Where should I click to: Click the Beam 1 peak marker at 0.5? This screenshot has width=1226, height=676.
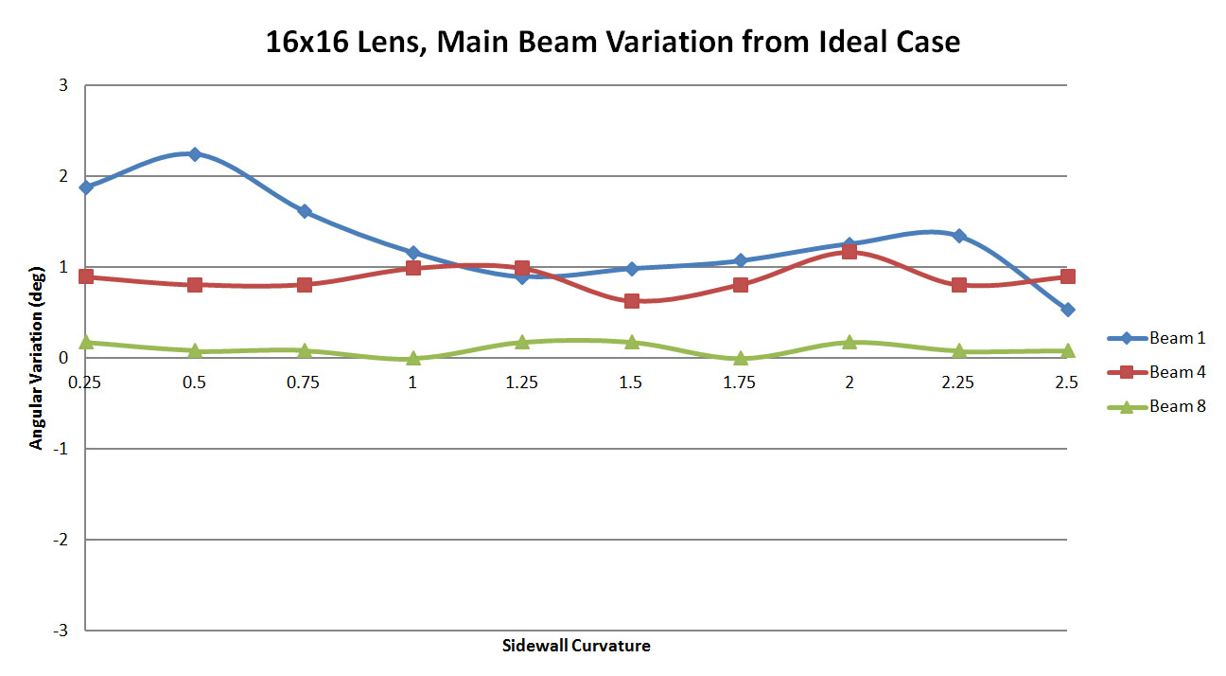pos(195,153)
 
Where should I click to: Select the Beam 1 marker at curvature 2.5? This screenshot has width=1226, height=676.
pos(1067,310)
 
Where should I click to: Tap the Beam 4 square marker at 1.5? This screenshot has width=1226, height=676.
pos(631,301)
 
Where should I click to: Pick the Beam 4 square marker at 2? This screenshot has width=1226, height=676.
pos(849,252)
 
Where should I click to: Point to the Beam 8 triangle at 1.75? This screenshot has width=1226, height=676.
pos(740,359)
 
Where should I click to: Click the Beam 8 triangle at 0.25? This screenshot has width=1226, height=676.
pos(86,342)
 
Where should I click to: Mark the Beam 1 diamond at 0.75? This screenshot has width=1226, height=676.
pos(305,211)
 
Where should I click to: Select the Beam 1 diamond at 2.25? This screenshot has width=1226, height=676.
pos(958,235)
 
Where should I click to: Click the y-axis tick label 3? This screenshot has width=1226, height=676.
pos(63,85)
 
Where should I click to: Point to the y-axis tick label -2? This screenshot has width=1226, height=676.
pos(61,540)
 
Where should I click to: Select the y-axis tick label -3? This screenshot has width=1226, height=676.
pos(61,631)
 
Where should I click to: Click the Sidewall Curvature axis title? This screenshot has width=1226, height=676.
pos(576,647)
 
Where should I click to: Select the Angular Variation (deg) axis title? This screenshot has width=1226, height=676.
pos(36,357)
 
